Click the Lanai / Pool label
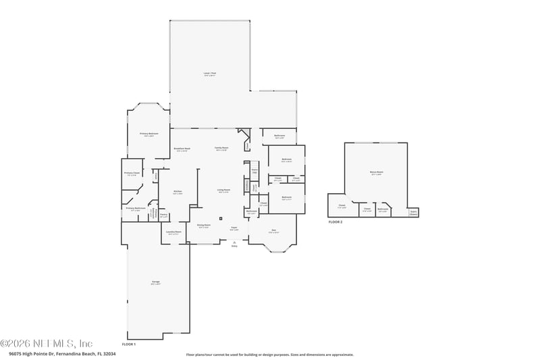click(x=210, y=74)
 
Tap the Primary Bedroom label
click(x=149, y=134)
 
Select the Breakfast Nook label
click(x=182, y=149)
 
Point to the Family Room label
click(x=221, y=148)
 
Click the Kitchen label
click(x=178, y=192)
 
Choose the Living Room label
click(x=223, y=190)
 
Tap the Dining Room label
click(x=203, y=226)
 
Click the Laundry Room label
click(x=173, y=232)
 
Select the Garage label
click(x=155, y=282)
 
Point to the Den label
click(x=273, y=231)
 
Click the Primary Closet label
click(x=132, y=174)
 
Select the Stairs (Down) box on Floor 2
click(x=413, y=212)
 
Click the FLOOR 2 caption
click(x=335, y=222)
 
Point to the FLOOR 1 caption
click(x=129, y=344)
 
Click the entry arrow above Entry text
click(x=234, y=241)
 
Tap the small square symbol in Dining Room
click(x=221, y=218)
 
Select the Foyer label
click(x=234, y=228)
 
